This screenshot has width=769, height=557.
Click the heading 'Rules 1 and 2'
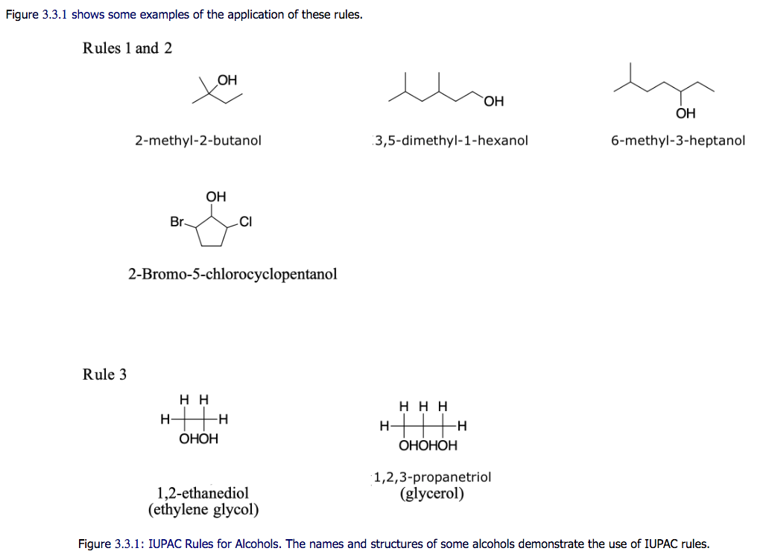pyautogui.click(x=127, y=48)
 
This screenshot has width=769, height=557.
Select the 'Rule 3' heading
pyautogui.click(x=104, y=374)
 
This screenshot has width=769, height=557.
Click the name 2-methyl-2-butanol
pyautogui.click(x=198, y=140)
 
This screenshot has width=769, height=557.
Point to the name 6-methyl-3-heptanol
pyautogui.click(x=677, y=140)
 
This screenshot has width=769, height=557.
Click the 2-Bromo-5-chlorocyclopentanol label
pyautogui.click(x=232, y=274)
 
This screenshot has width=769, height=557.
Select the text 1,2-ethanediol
pyautogui.click(x=203, y=493)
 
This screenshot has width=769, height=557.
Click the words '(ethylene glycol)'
pyautogui.click(x=203, y=510)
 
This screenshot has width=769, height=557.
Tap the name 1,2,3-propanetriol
pyautogui.click(x=433, y=477)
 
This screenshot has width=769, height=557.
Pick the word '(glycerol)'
pyautogui.click(x=432, y=494)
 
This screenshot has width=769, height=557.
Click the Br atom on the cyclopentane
pyautogui.click(x=177, y=222)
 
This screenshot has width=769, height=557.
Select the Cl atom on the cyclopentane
pyautogui.click(x=247, y=222)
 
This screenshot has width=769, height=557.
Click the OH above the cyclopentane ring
pyautogui.click(x=216, y=197)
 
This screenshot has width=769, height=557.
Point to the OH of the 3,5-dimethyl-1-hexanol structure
pyautogui.click(x=493, y=101)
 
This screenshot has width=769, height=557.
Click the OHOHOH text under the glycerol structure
pyautogui.click(x=428, y=446)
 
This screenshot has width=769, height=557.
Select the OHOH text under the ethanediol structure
pyautogui.click(x=199, y=439)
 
